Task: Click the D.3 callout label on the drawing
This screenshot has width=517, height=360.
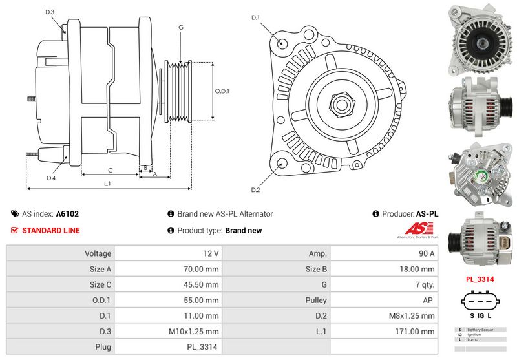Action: tap(50, 12)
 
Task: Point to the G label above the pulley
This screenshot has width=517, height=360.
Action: tap(181, 28)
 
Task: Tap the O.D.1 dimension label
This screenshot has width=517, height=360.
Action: tap(222, 90)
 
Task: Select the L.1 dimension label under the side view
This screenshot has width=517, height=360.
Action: tap(108, 184)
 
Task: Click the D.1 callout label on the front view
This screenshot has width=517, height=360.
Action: tap(255, 17)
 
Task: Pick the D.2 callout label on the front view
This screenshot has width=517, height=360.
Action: tap(255, 189)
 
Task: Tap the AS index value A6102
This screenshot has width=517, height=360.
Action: tap(67, 213)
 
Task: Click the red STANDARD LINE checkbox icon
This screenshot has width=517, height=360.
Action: tap(15, 230)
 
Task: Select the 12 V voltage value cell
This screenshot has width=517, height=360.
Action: tap(211, 254)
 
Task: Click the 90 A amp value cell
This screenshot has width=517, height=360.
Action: tap(427, 254)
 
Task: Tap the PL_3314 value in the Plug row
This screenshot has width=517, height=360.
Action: tap(204, 347)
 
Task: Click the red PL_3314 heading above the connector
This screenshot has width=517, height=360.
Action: tap(480, 279)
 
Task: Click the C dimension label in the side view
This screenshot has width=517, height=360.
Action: tap(111, 171)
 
